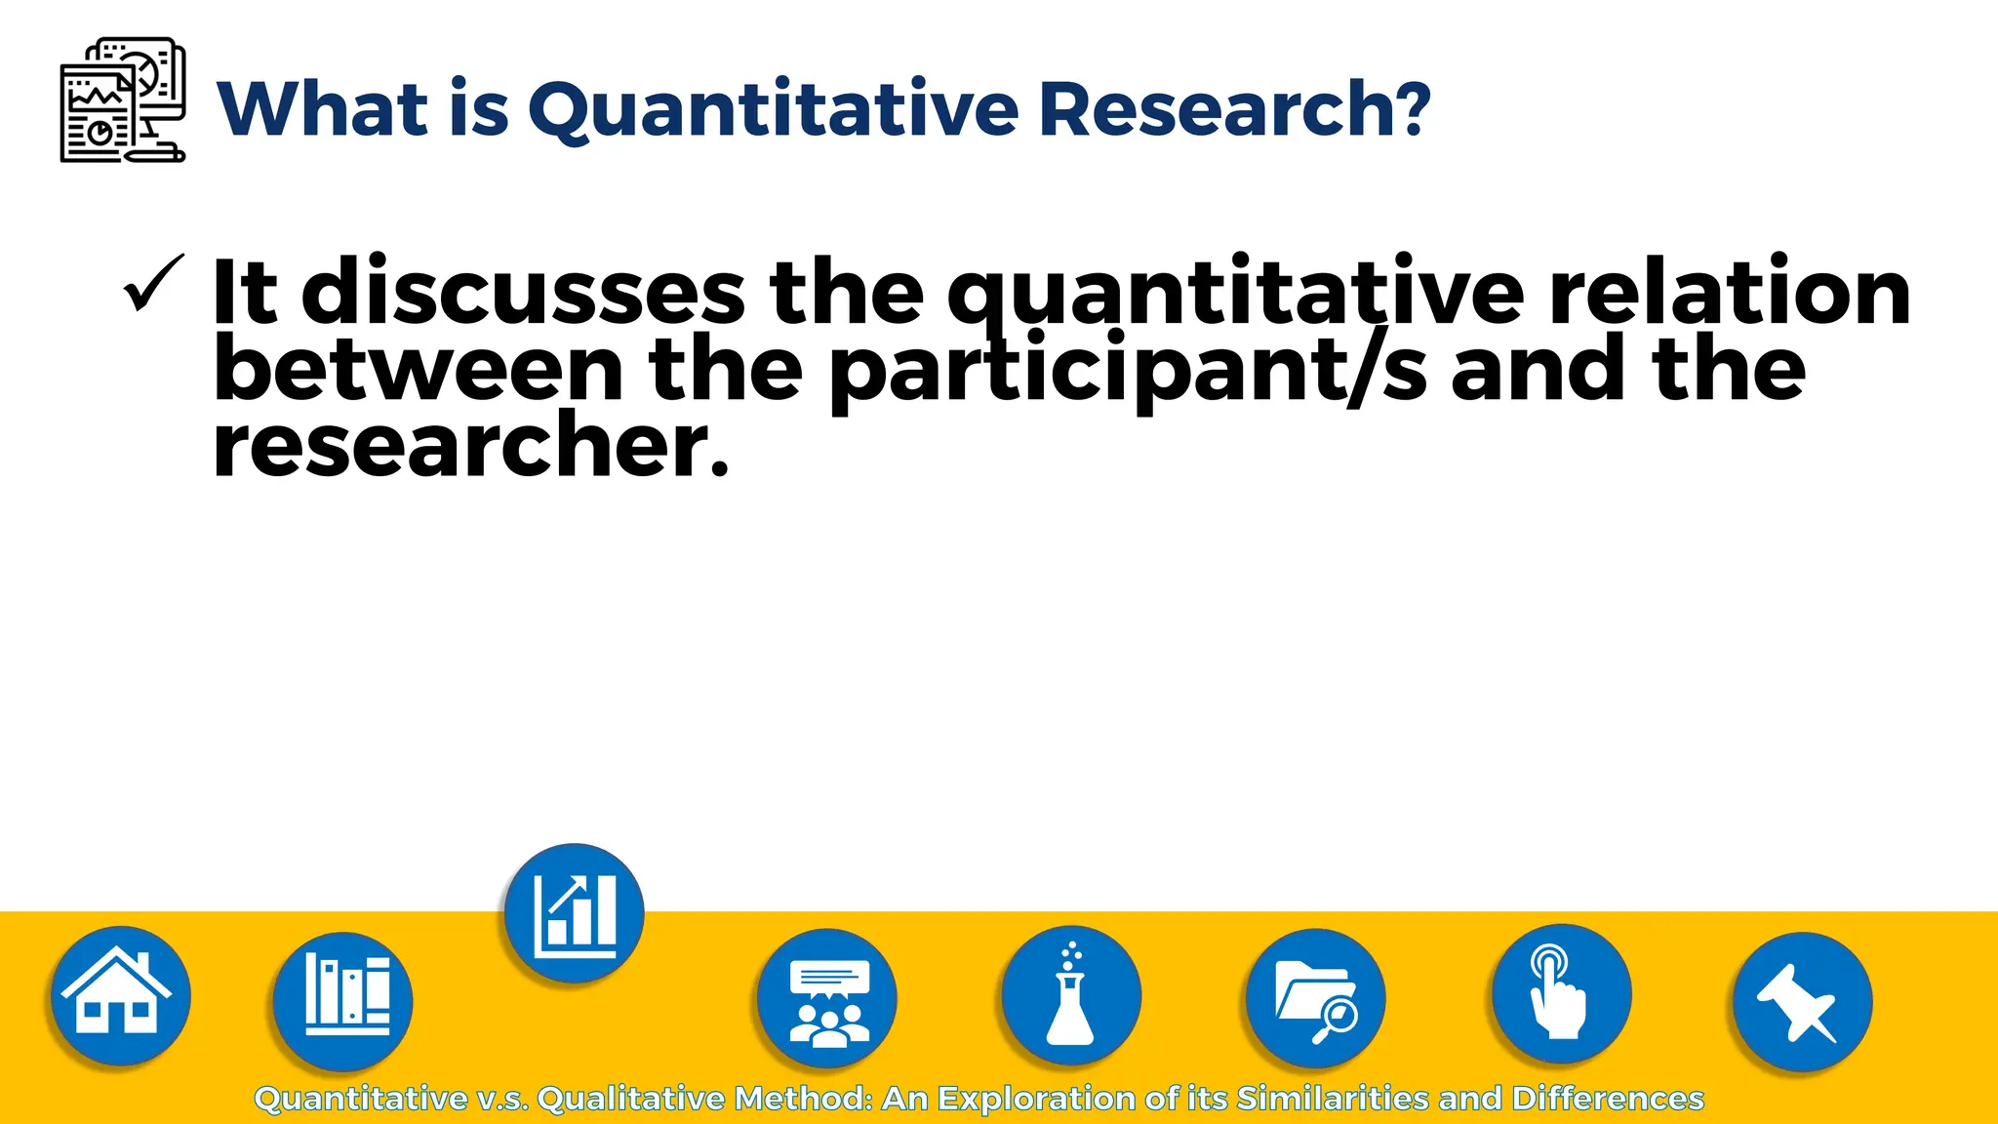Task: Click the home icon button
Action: point(120,995)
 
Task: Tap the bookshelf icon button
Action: point(343,1000)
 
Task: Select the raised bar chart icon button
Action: point(575,913)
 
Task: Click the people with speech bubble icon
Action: point(827,998)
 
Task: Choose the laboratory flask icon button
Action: point(1071,996)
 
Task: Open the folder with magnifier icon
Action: point(1315,998)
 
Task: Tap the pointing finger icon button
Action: point(1561,994)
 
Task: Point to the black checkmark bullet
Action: point(152,284)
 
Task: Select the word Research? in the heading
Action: point(1233,108)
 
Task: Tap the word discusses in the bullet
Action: point(523,292)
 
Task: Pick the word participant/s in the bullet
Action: point(1128,372)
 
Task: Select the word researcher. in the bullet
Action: point(470,447)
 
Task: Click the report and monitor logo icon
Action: point(122,100)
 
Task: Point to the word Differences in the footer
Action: point(1608,1099)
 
